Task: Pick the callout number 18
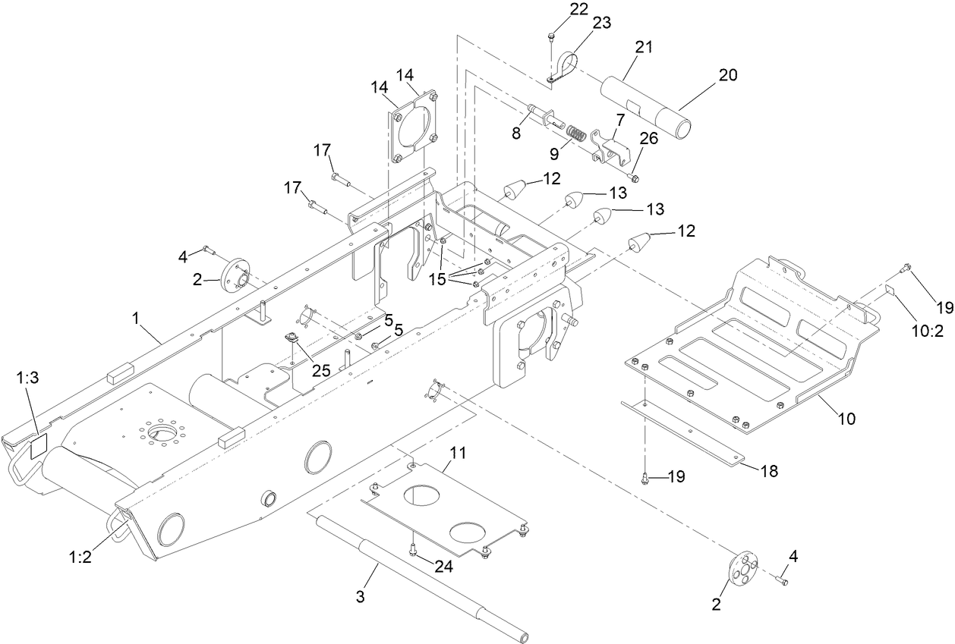tap(769, 471)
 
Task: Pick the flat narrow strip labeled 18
tap(683, 432)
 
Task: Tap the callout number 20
tap(727, 75)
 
